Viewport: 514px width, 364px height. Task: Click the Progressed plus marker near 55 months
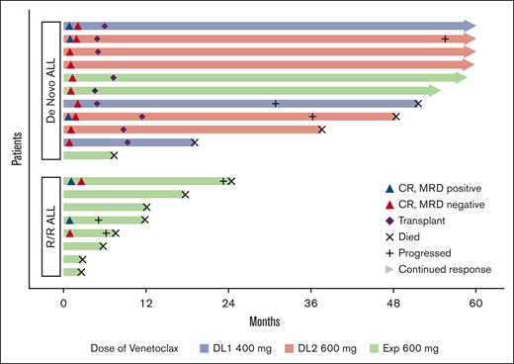point(445,39)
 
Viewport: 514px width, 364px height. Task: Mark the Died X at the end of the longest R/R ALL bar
point(231,181)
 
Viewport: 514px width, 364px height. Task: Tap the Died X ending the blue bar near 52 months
point(418,104)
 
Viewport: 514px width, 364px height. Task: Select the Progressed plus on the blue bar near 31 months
point(276,104)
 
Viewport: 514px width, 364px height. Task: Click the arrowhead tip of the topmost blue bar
point(474,26)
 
